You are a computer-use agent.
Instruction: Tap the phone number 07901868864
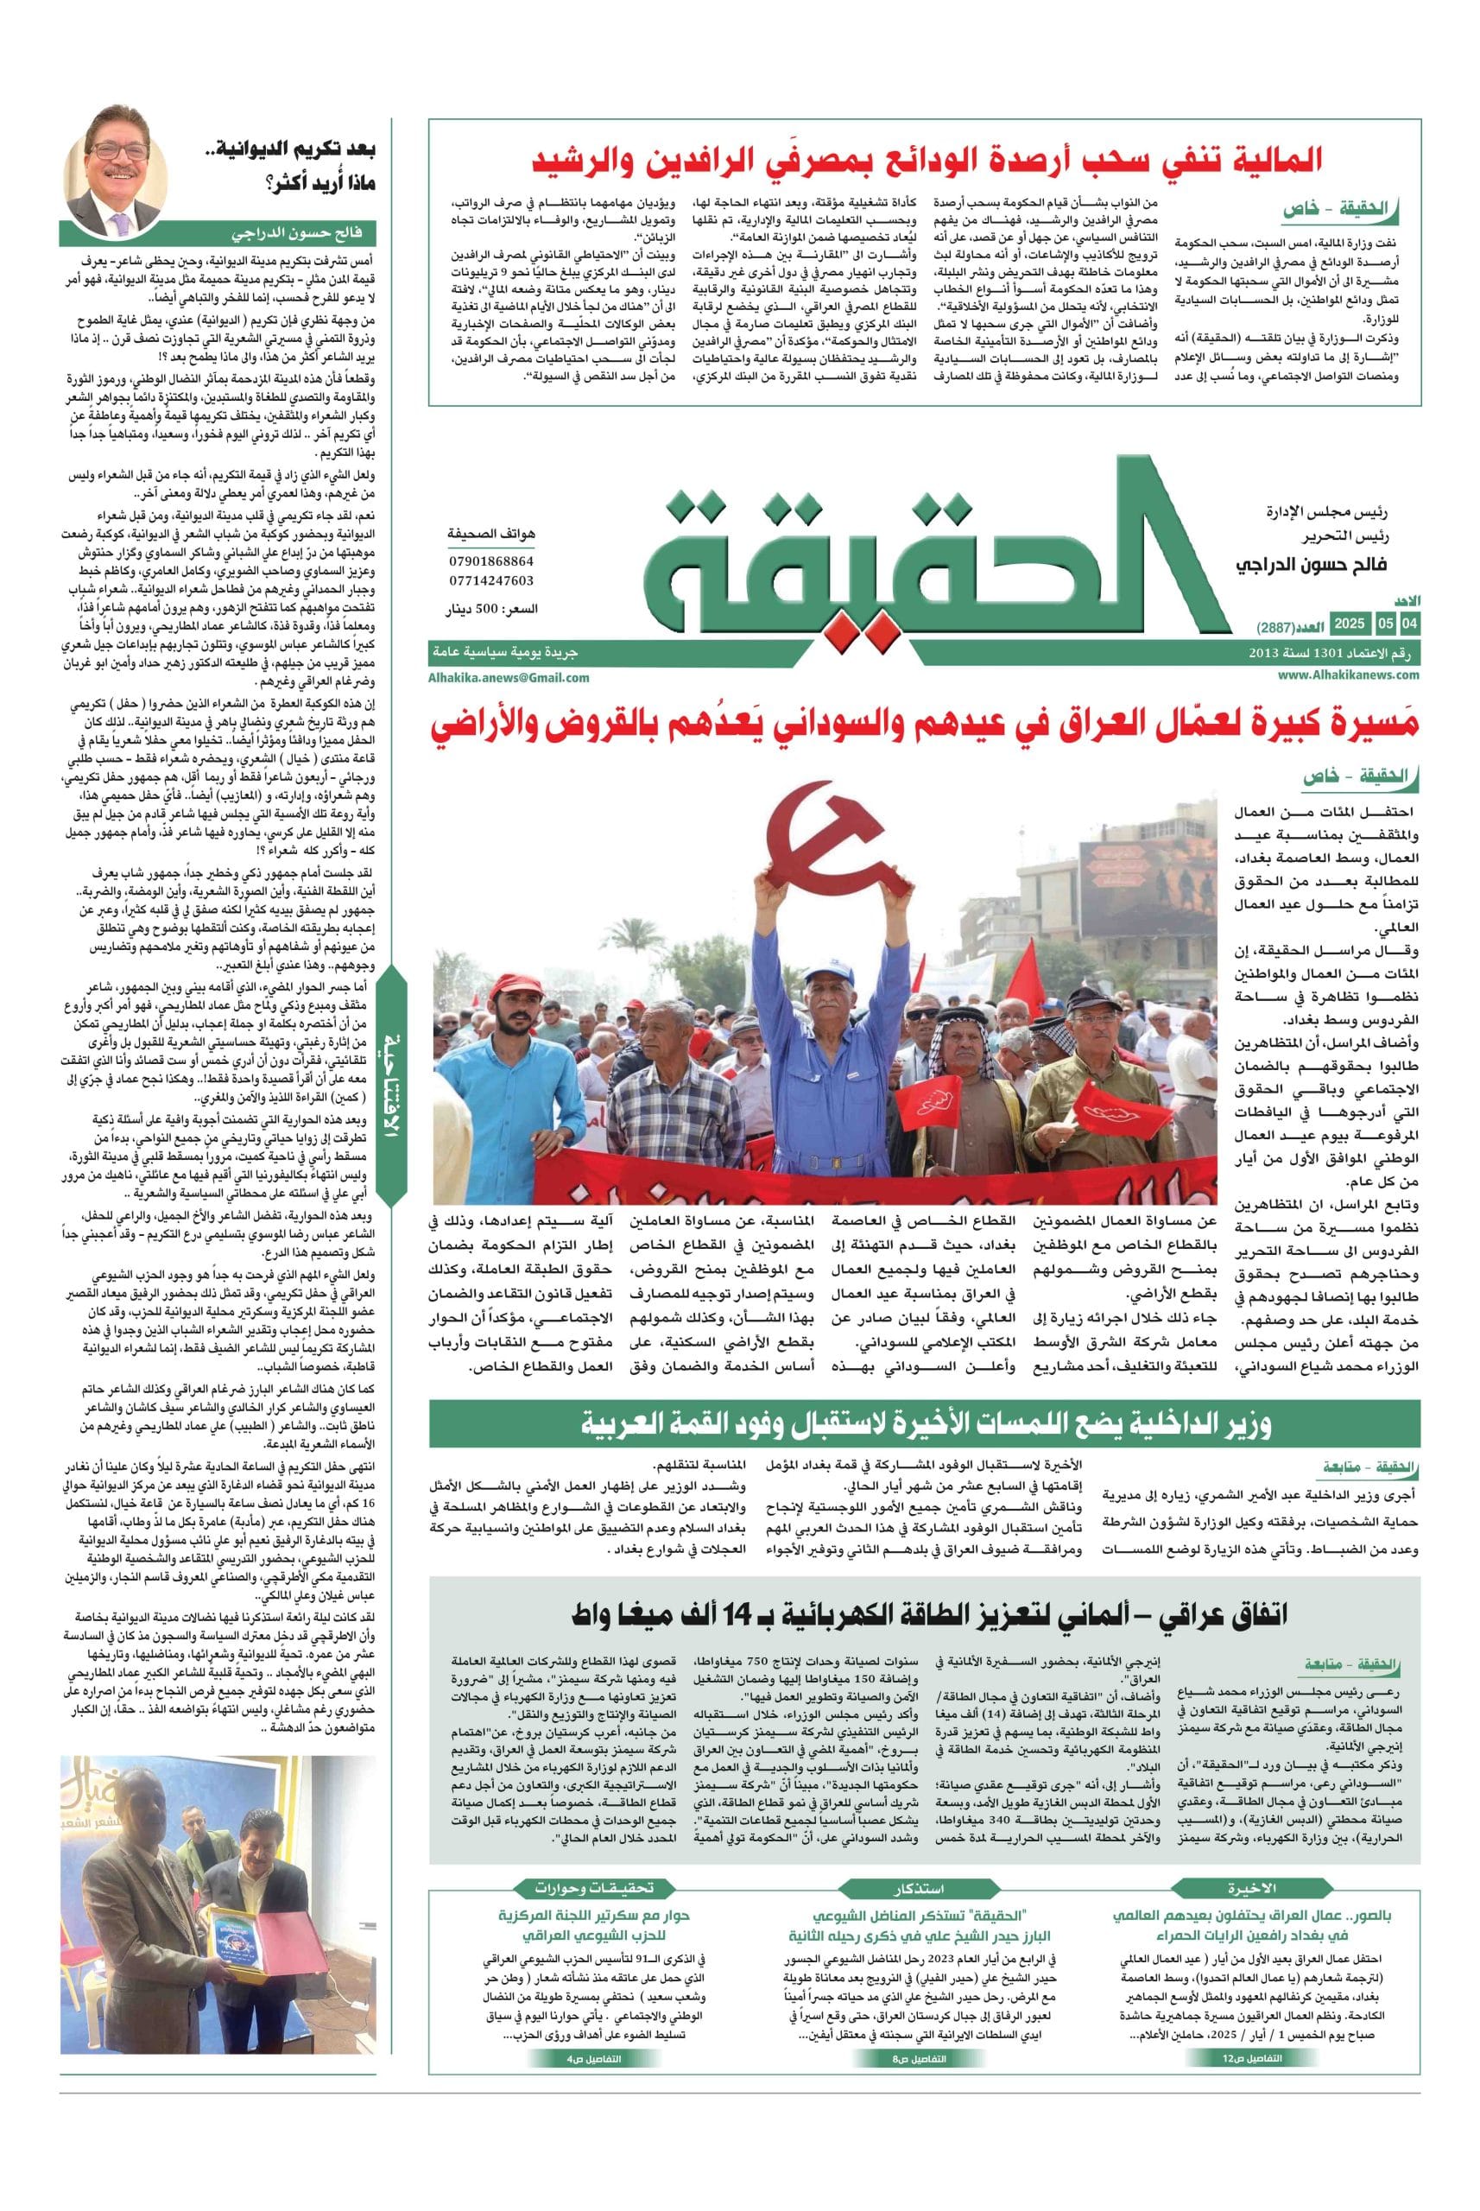[490, 561]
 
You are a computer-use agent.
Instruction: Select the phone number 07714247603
[490, 580]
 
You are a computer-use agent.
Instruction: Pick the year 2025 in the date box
[1349, 624]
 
